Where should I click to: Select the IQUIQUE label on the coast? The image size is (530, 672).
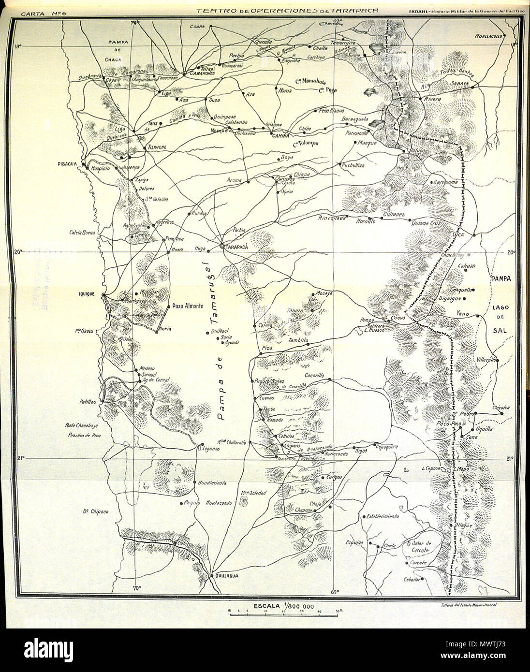pyautogui.click(x=89, y=293)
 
